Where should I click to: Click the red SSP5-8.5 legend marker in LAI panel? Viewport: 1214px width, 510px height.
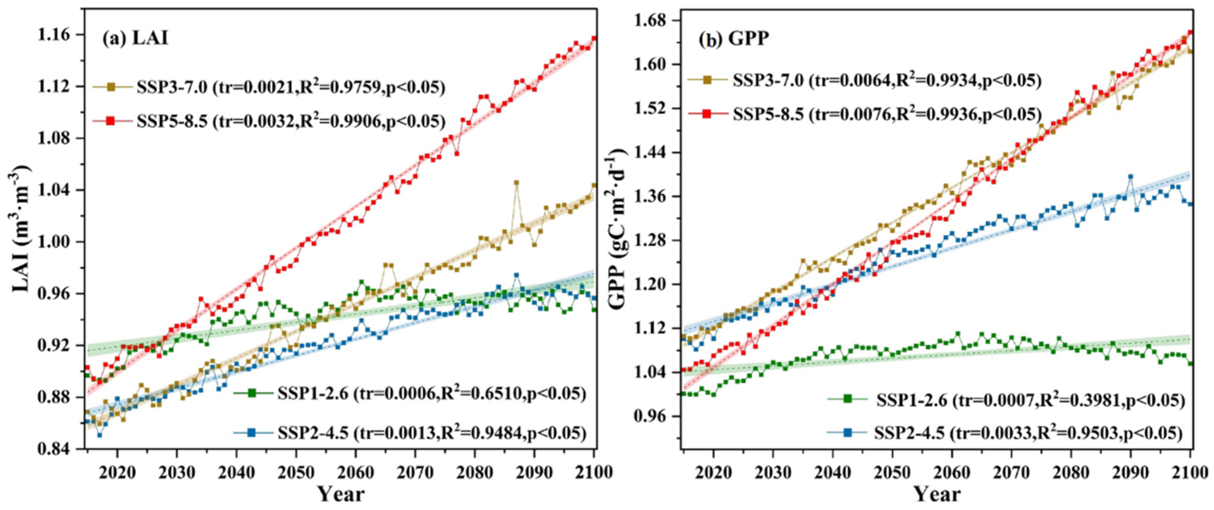pyautogui.click(x=110, y=122)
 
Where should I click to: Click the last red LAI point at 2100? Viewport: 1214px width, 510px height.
pyautogui.click(x=594, y=38)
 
